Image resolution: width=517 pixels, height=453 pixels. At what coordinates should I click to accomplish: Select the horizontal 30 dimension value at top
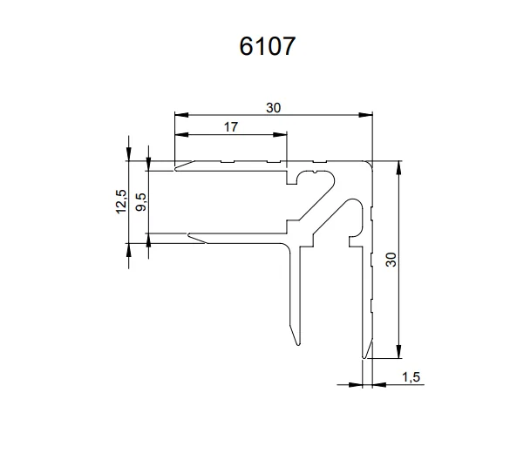274,107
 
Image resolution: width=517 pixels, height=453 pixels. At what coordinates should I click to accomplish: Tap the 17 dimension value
231,127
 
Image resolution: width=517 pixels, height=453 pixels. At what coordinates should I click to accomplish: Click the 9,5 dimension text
142,200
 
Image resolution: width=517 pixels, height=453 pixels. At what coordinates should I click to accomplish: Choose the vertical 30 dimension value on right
391,259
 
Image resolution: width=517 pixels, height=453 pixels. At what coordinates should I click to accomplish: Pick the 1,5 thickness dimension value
412,376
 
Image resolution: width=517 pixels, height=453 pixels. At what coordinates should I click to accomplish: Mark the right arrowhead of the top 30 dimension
367,114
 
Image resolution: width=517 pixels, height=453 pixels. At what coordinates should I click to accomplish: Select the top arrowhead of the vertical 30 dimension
398,166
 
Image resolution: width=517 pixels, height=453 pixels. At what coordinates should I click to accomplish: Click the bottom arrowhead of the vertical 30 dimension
398,353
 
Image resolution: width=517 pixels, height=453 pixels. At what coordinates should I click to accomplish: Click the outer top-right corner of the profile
371,162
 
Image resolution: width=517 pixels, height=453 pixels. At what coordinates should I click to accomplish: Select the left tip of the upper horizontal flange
175,168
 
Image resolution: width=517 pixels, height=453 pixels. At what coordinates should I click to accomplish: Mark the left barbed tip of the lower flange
187,234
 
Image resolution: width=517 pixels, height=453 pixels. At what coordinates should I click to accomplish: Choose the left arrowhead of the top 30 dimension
180,114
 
